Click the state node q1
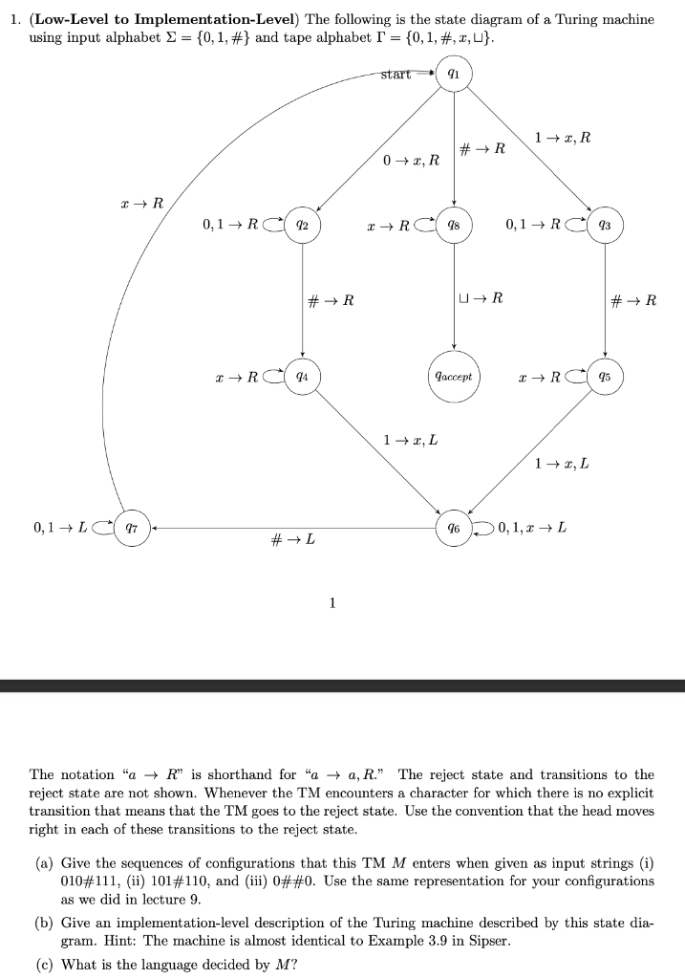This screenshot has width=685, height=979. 454,74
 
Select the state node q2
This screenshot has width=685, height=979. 302,226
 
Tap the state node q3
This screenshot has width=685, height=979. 605,226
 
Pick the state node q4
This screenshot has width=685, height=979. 302,376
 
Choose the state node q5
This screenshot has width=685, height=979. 605,376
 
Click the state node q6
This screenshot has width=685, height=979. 454,527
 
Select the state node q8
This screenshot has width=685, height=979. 454,226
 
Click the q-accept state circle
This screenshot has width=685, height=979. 454,376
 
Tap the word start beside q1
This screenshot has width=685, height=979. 396,74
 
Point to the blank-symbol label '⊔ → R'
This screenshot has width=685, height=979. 482,299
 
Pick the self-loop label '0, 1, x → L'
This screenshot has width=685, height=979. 531,527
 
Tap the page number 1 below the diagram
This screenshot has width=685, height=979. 331,602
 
